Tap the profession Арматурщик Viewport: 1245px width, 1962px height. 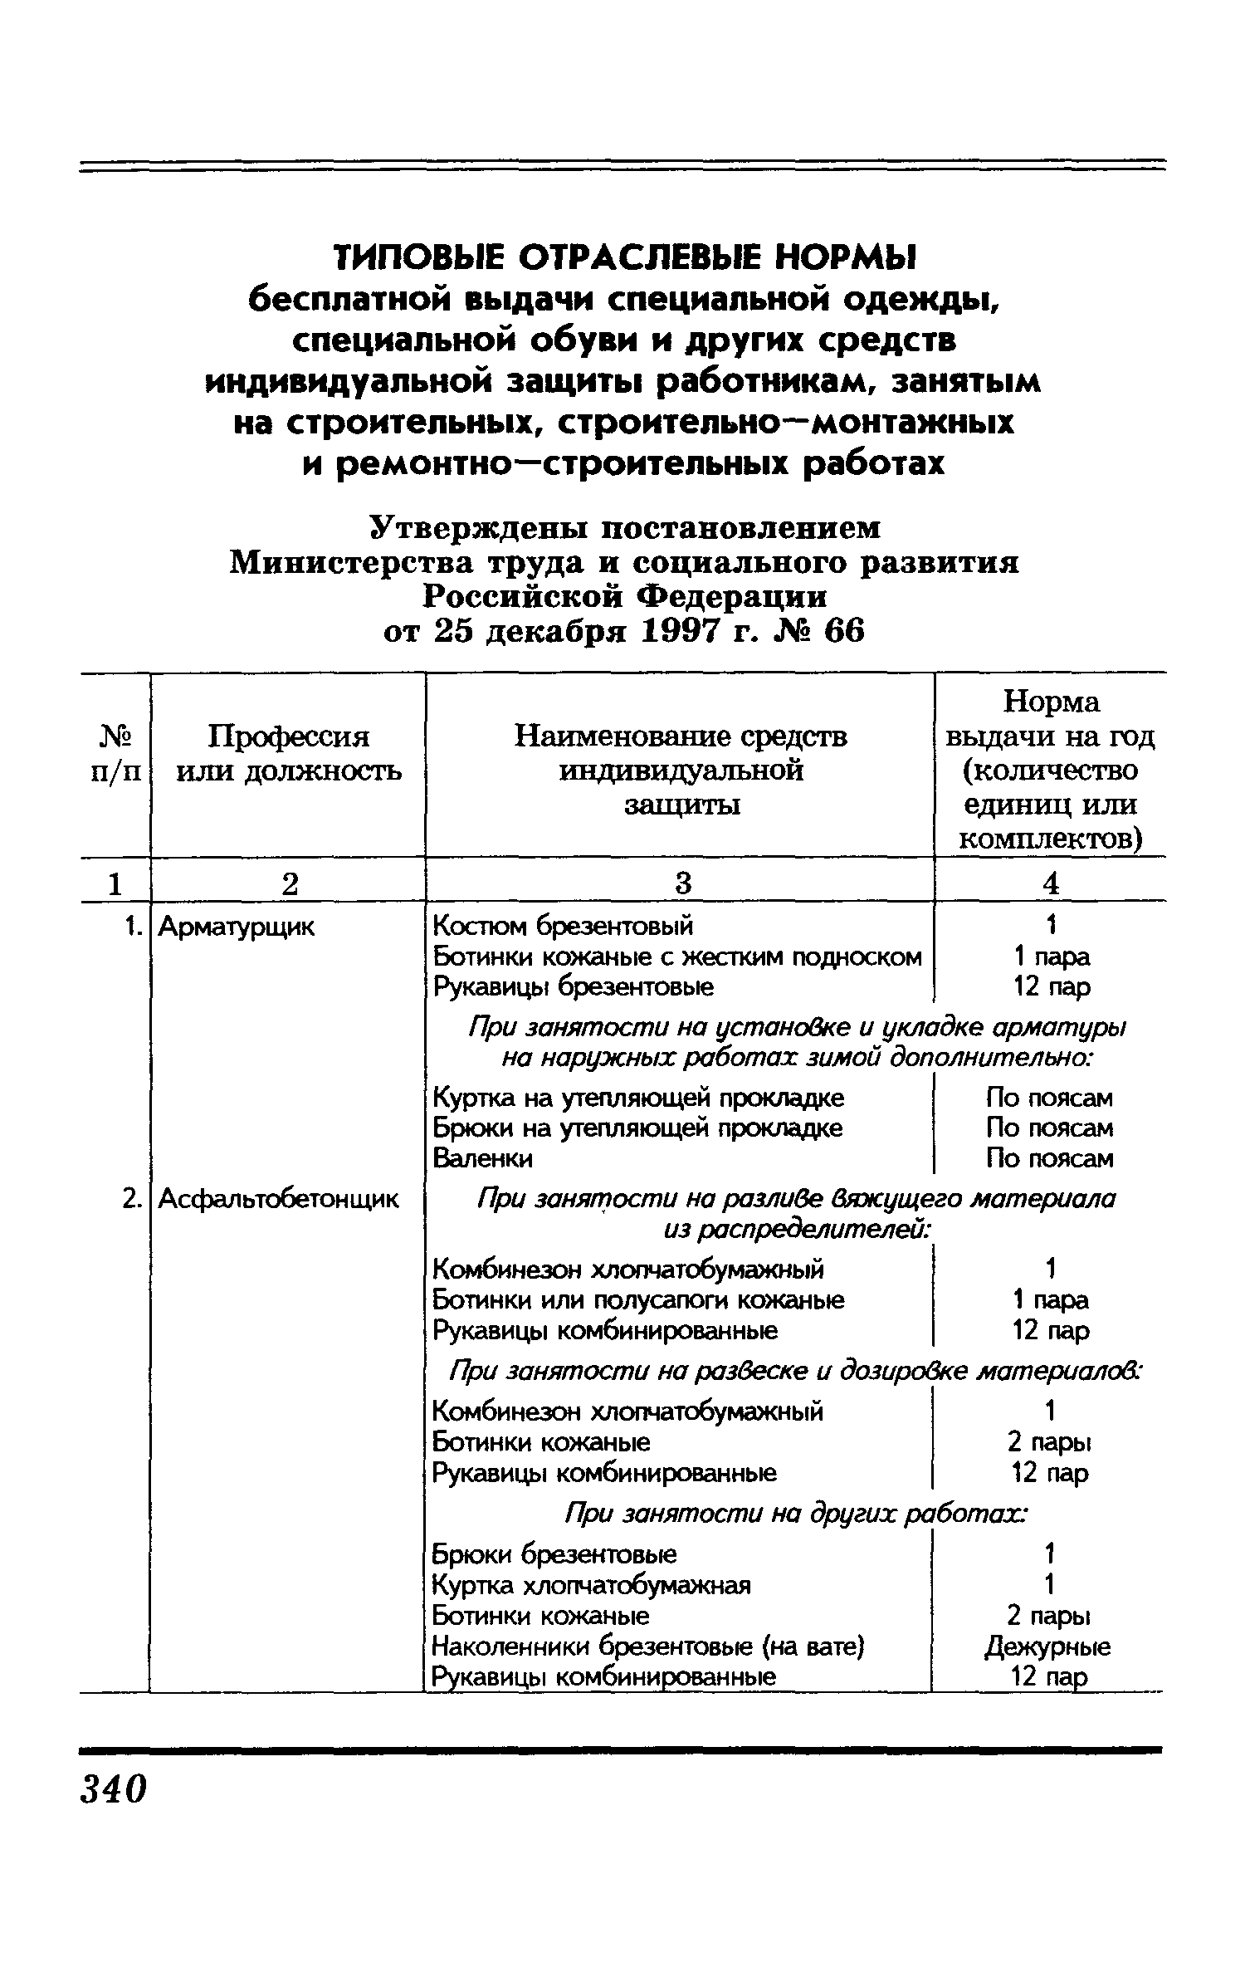237,927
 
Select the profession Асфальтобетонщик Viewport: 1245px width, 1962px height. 278,1199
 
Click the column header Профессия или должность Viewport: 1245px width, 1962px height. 288,753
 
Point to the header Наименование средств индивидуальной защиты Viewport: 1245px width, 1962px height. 681,771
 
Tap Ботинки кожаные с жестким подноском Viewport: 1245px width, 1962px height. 677,957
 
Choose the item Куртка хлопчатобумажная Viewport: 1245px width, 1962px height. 592,1585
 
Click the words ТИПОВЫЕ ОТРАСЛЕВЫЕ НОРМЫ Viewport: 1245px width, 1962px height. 622,258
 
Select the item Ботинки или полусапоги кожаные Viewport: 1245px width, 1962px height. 639,1299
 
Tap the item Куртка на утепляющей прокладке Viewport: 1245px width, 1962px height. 638,1098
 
